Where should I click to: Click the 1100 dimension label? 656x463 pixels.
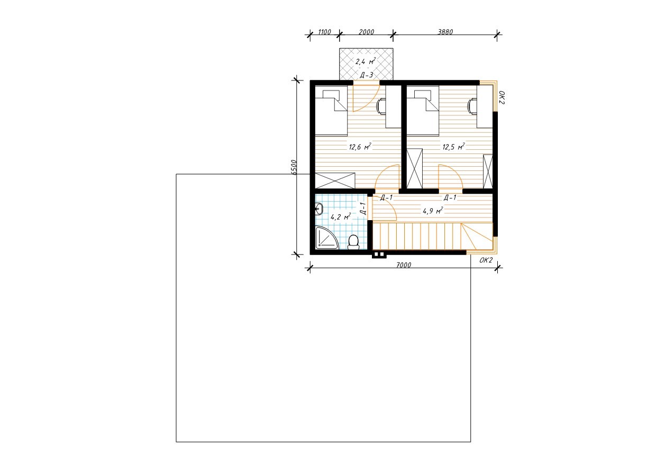[x=324, y=32]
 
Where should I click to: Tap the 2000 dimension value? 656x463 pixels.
[x=367, y=32]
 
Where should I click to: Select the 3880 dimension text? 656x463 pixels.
[x=445, y=32]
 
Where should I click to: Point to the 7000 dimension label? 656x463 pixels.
[x=404, y=265]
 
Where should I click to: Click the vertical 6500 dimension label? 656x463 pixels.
[x=295, y=167]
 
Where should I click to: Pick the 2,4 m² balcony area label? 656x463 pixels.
[x=366, y=61]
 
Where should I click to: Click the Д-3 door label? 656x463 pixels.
[x=367, y=75]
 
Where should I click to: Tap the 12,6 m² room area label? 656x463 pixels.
[x=360, y=147]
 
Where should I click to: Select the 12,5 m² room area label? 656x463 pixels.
[x=453, y=147]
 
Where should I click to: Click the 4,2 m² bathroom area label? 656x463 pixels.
[x=341, y=217]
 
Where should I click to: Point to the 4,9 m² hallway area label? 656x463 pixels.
[x=433, y=211]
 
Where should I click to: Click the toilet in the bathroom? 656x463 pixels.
[x=353, y=242]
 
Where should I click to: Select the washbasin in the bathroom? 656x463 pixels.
[x=319, y=209]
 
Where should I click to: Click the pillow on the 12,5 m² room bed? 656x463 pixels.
[x=423, y=94]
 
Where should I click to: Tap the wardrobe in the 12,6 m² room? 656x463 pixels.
[x=335, y=180]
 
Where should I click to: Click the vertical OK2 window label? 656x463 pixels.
[x=502, y=97]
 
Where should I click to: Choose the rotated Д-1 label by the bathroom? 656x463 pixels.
[x=362, y=209]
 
